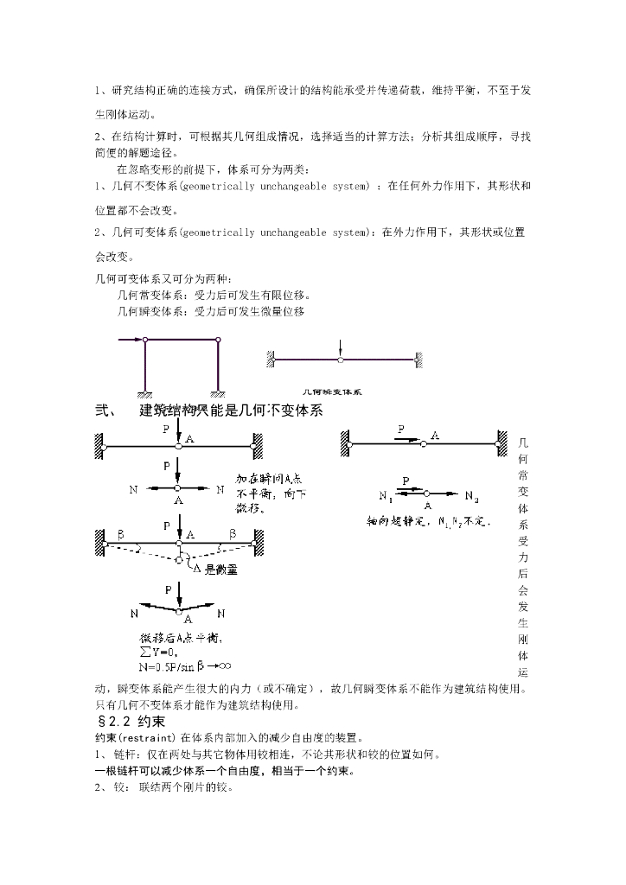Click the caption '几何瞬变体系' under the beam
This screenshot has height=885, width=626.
332,391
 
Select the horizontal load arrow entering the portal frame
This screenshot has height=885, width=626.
131,341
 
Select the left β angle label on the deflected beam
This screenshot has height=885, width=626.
120,534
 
